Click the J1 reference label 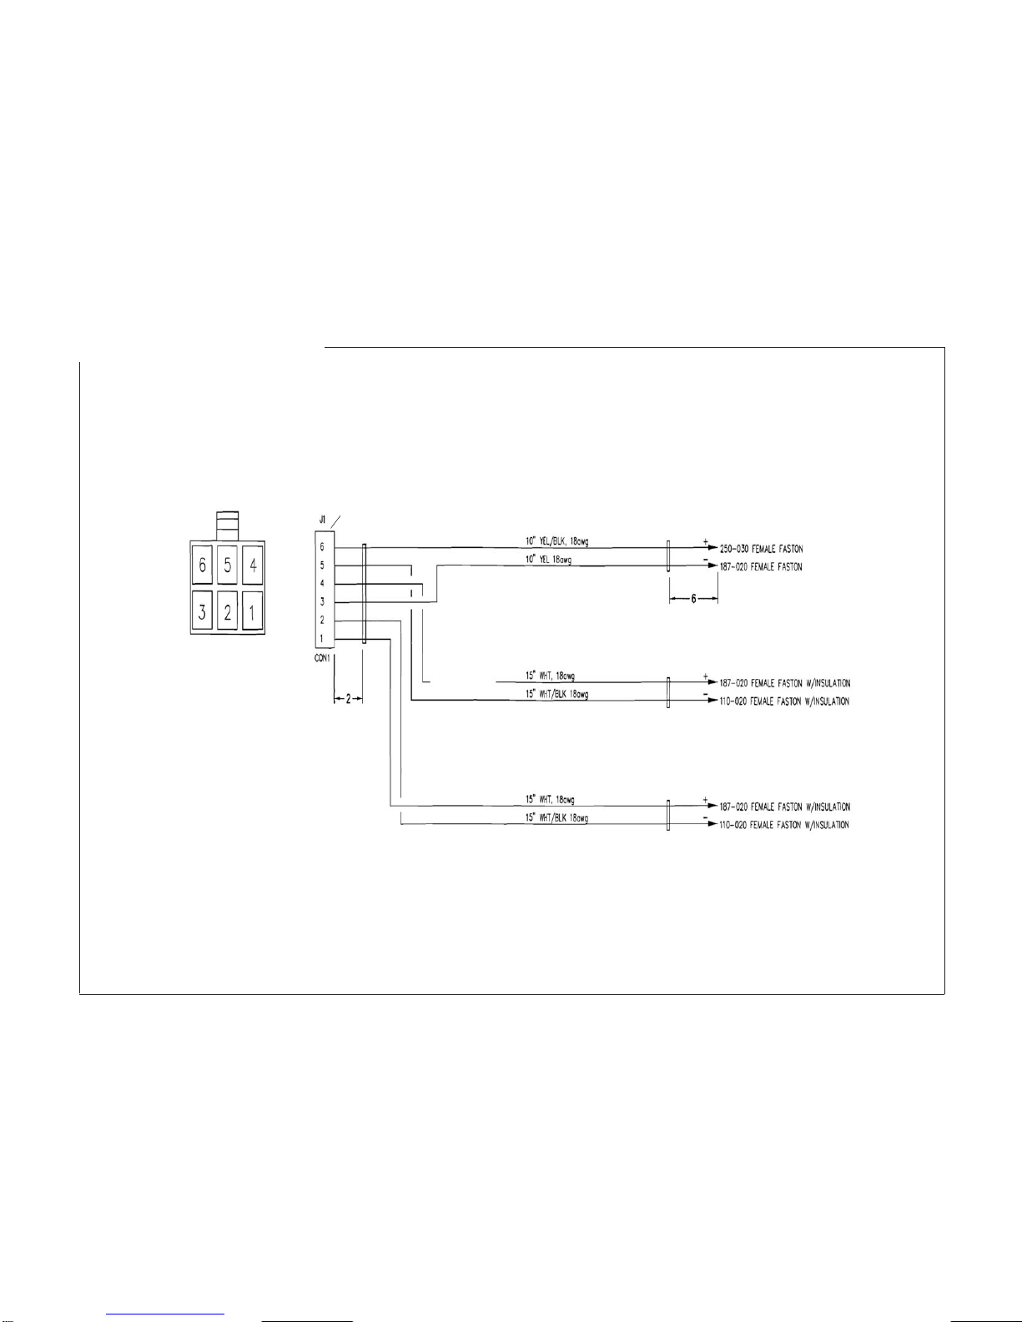pos(321,520)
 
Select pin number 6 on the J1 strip pos(322,547)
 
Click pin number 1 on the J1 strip pos(322,639)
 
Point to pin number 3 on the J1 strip pos(322,601)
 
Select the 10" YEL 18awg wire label pos(548,560)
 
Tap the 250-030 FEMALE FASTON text pos(761,549)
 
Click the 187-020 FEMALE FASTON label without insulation pos(761,567)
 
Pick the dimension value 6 pos(693,600)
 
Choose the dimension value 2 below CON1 pos(349,700)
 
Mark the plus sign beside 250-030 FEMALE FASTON pos(705,542)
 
